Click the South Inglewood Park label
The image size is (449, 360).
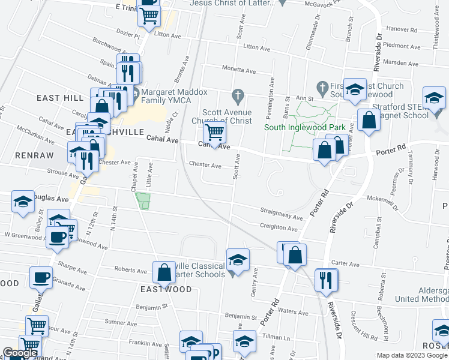tap(297, 127)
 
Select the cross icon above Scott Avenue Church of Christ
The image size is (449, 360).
tap(238, 95)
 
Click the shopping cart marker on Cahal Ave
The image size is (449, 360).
tap(214, 133)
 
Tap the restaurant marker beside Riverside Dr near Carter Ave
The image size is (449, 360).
tap(326, 280)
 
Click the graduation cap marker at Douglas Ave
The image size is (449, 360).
tap(23, 202)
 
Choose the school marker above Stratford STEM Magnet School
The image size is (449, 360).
tap(434, 98)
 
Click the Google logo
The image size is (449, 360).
tap(20, 353)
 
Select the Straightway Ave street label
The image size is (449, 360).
tap(282, 214)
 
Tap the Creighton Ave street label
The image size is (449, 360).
tap(279, 228)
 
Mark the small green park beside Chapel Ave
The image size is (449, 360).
tap(143, 201)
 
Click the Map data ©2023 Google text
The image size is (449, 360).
tap(412, 355)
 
